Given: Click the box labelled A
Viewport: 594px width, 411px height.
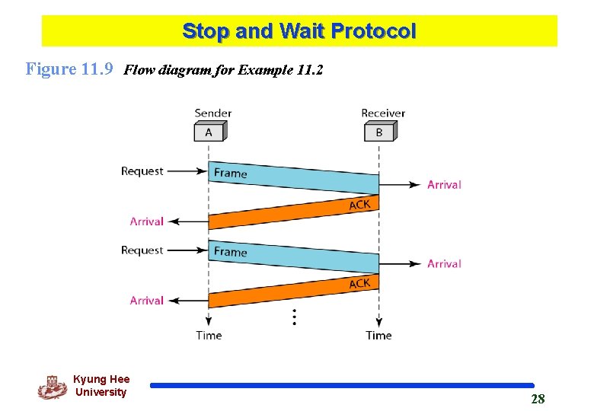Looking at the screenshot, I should coord(209,132).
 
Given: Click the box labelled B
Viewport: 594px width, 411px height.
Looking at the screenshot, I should coord(378,132).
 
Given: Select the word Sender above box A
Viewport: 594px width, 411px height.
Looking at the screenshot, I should coord(213,113).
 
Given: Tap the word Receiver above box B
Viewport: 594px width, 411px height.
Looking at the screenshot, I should coord(383,113).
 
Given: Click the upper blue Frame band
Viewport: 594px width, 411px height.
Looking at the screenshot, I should coord(293,177).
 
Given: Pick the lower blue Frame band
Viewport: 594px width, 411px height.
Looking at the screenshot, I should coord(293,256).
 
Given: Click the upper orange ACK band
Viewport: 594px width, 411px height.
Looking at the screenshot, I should coord(293,212).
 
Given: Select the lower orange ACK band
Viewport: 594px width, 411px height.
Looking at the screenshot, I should coord(293,292).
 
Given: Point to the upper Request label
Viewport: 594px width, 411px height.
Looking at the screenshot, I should coord(142,171).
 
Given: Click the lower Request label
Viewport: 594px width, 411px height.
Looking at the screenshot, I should coord(142,250).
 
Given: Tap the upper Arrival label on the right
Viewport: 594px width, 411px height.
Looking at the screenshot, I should coord(444,184).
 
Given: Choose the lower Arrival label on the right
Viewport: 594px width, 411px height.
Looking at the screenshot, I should coord(444,263).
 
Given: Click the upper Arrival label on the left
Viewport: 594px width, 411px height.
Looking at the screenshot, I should coord(147,221).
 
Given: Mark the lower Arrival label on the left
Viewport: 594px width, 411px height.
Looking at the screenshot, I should coord(147,301).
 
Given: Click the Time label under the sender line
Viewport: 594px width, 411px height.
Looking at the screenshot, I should coord(209,336).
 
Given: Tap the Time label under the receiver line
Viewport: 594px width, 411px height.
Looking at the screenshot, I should coord(378,336).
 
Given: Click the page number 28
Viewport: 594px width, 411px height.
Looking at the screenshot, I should coord(538,399).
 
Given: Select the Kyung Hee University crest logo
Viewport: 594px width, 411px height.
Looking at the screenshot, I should coord(52,387).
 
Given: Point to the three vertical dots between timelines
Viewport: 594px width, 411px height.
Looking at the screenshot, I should coord(294,317).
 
